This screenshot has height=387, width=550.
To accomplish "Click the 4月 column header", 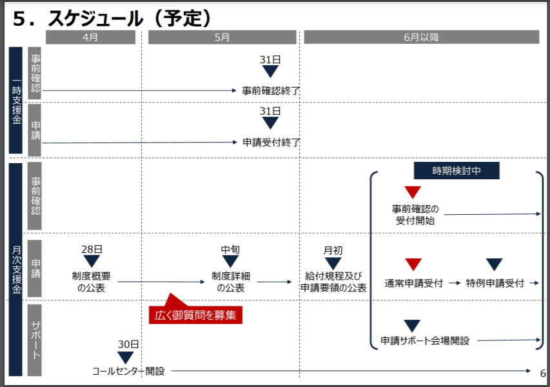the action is (x=90, y=37).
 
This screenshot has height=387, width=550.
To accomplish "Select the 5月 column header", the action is (x=222, y=37).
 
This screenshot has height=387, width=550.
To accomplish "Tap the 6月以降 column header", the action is (x=421, y=37).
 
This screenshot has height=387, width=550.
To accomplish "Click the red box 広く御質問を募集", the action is (x=195, y=315).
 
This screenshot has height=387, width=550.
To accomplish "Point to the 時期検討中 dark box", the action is (x=457, y=171).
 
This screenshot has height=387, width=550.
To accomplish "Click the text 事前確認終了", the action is (x=271, y=91).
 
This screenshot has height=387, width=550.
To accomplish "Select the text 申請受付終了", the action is (x=271, y=143).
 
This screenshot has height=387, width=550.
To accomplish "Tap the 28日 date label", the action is (x=92, y=250).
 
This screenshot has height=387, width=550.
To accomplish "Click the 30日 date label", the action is (x=128, y=344).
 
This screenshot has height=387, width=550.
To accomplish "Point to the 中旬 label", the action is (x=230, y=250).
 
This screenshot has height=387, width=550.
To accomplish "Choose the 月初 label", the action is (x=333, y=250).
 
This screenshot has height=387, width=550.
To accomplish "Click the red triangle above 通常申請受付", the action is (x=413, y=264).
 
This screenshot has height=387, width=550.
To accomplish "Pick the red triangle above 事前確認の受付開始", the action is (x=413, y=192).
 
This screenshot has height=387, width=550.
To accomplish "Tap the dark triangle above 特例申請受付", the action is (x=495, y=264).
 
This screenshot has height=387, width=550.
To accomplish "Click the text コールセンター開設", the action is (x=128, y=372).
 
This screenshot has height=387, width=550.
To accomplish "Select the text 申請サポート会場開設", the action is (x=425, y=341).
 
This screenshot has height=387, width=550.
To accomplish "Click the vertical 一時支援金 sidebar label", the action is (x=16, y=101).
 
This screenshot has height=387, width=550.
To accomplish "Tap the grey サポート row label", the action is (x=35, y=340).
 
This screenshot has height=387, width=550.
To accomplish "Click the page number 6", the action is (x=543, y=373).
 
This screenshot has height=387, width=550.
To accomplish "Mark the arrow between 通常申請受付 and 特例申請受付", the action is (x=455, y=283).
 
